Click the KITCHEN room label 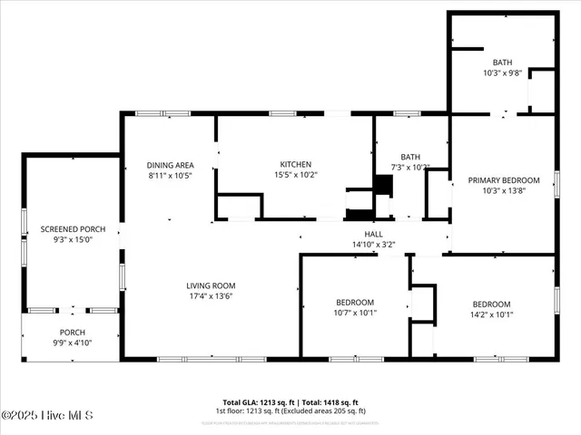[x=295, y=164]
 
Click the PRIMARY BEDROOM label [x=504, y=180]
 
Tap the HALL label [x=374, y=233]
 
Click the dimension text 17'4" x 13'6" [x=211, y=296]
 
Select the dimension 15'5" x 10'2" [x=295, y=175]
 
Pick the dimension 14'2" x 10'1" [x=491, y=314]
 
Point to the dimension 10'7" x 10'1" [x=354, y=313]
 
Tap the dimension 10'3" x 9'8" [x=502, y=72]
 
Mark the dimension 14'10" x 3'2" [x=374, y=244]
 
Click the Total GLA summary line [x=290, y=402]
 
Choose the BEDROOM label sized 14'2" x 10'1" [x=491, y=304]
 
